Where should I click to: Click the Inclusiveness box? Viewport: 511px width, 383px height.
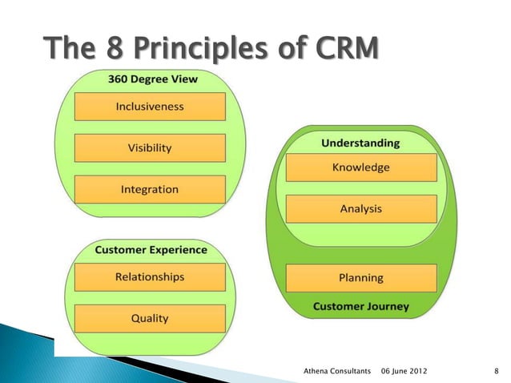pyautogui.click(x=150, y=106)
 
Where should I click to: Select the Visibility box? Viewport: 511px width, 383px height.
pyautogui.click(x=150, y=147)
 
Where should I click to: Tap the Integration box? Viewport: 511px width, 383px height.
pyautogui.click(x=150, y=190)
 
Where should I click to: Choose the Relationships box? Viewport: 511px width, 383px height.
pyautogui.click(x=150, y=277)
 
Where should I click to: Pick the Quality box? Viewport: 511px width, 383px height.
pyautogui.click(x=150, y=318)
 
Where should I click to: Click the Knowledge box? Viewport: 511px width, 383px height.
pyautogui.click(x=360, y=167)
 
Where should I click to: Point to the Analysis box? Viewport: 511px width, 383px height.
pyautogui.click(x=360, y=209)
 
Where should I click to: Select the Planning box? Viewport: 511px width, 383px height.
pyautogui.click(x=360, y=278)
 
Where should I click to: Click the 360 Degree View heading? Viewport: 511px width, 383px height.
pyautogui.click(x=152, y=79)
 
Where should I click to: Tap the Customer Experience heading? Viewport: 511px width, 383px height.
pyautogui.click(x=151, y=250)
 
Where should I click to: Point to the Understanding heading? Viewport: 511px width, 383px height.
pyautogui.click(x=360, y=143)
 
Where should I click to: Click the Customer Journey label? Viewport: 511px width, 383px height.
pyautogui.click(x=360, y=306)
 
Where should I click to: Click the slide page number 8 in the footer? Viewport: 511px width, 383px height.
pyautogui.click(x=497, y=372)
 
